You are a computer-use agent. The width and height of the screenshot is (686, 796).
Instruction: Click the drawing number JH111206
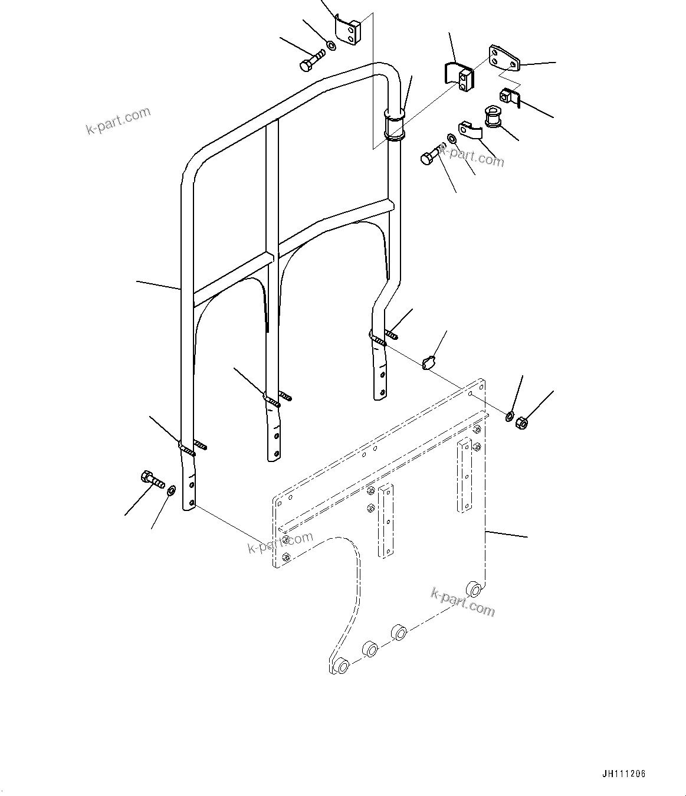(x=625, y=774)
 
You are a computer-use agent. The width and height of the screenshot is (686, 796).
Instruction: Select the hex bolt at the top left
(x=310, y=61)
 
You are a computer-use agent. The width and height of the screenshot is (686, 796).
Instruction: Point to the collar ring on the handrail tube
(x=394, y=125)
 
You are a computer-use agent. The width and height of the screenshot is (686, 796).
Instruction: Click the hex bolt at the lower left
(x=152, y=479)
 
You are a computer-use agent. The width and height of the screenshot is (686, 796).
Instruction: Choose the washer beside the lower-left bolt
(x=171, y=489)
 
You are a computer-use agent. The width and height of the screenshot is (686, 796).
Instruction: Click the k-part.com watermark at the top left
(x=119, y=120)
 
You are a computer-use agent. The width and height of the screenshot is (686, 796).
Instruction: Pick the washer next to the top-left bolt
(x=331, y=45)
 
